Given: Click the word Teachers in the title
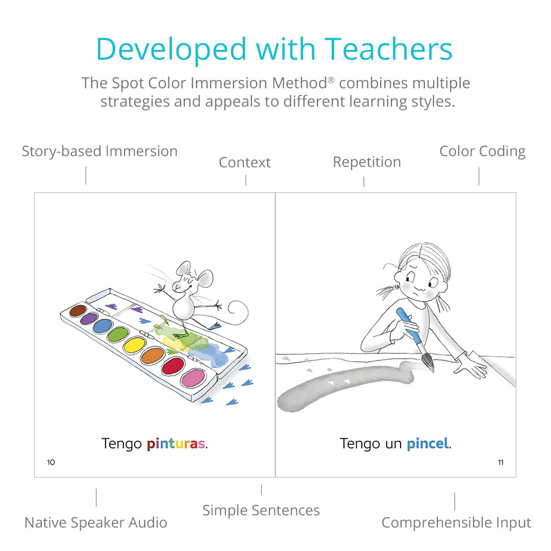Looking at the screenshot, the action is pos(388,49).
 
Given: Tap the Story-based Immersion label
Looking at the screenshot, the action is pos(99,152).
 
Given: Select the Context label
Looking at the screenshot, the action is pos(244,162).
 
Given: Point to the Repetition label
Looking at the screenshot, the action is pos(367,162).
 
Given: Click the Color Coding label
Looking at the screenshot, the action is pos(483,152).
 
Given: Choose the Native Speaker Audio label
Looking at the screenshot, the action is pos(95,522).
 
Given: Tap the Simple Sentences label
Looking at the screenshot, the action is pos(261,511).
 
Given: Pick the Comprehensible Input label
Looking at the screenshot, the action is pos(456,522).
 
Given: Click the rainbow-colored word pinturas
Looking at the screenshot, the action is pos(176,444).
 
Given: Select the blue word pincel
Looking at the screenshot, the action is pos(428,443).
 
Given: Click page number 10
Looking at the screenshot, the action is pos(51,462).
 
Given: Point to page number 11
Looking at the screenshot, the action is pos(501,462).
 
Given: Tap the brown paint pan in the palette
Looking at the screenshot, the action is pos(78,311).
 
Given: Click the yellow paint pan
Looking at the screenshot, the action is pos(134,345).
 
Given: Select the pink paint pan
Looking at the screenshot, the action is pos(193,378).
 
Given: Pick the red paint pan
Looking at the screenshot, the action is pos(172,366).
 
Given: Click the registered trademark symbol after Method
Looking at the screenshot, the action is pos(331,80).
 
